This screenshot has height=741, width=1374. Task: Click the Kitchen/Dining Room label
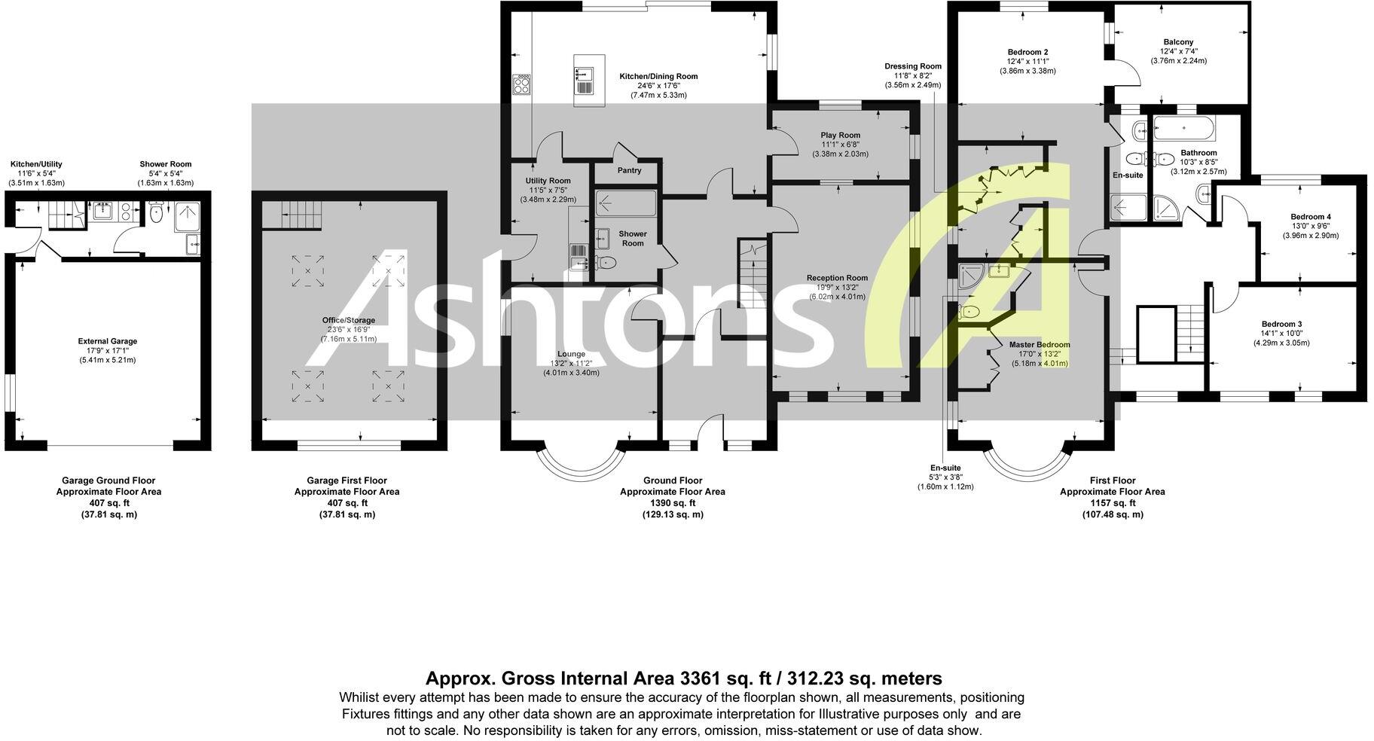(658, 76)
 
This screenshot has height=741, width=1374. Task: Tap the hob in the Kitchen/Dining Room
(521, 84)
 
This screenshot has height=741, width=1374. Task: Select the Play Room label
(840, 136)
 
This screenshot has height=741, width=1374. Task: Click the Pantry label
(629, 170)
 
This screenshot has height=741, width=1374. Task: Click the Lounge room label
(571, 354)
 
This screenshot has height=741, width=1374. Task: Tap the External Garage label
(108, 341)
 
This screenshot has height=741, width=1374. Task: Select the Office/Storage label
(348, 320)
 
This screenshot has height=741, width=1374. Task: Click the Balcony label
(1178, 42)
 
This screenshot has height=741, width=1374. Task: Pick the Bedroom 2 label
(1027, 52)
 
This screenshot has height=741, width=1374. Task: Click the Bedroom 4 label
(1311, 217)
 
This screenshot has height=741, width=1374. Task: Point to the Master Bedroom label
(1040, 345)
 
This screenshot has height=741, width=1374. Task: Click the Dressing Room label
(913, 66)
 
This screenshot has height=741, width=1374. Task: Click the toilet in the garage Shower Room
(157, 213)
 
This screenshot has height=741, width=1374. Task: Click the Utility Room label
(548, 181)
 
